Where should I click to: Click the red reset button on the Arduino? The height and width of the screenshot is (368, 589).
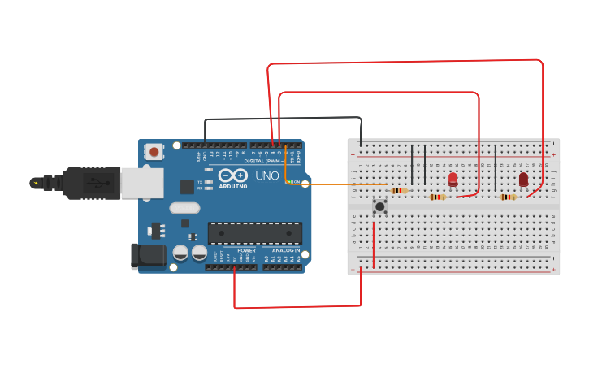154,151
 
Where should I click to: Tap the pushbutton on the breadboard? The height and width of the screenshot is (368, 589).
379,206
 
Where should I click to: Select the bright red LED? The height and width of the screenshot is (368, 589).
453,180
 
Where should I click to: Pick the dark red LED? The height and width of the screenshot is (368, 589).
523,179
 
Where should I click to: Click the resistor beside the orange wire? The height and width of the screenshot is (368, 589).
399,191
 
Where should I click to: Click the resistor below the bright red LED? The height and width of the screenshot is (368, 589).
438,197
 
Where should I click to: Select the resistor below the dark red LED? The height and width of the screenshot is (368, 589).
508,197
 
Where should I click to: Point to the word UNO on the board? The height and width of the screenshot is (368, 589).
267,175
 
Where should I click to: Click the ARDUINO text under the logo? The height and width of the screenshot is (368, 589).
232,186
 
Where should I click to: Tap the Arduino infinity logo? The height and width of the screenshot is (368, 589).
232,175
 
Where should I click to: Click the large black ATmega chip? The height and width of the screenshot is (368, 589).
255,233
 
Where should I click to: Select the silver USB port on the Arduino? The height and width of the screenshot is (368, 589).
142,183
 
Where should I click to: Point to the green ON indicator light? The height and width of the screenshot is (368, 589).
288,182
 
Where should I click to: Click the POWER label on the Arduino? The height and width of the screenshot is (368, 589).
246,250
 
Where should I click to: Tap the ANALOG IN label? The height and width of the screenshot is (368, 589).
285,250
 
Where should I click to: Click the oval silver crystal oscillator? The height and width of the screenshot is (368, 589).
184,208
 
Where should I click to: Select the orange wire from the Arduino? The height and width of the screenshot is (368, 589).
333,184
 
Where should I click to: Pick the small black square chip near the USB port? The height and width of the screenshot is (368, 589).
187,187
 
